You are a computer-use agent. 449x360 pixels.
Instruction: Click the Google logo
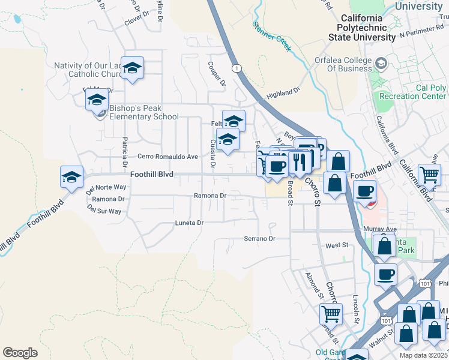tap(20, 353)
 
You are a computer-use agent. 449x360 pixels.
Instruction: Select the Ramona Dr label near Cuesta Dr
tap(209, 196)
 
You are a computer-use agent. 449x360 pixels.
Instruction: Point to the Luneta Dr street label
tap(189, 223)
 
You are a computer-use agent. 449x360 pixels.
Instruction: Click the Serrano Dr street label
tap(259, 239)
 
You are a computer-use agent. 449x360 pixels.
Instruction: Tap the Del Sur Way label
tap(104, 211)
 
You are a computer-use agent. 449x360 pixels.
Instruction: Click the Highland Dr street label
tap(283, 93)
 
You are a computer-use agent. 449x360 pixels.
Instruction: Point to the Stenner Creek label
tap(271, 34)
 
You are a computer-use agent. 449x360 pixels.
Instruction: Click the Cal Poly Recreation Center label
tap(413, 92)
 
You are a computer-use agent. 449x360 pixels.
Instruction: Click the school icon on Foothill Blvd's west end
tap(71, 176)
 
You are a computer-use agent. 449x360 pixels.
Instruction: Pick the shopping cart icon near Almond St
tap(331, 313)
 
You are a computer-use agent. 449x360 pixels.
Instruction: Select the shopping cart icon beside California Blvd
tap(429, 175)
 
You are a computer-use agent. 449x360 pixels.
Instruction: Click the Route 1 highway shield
tap(238, 68)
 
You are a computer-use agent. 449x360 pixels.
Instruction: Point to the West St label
tap(337, 245)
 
